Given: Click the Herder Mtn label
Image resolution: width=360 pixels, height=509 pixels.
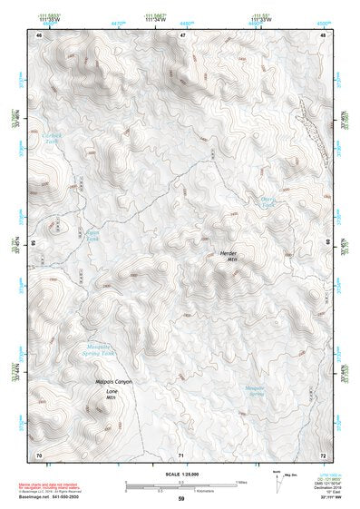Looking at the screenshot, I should [x=228, y=255].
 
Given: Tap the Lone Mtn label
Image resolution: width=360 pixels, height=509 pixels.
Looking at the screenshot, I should [x=112, y=394].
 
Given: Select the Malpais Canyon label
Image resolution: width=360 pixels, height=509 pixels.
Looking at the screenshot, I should [x=114, y=382].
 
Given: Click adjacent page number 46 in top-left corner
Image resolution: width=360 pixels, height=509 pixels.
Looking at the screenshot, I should [x=38, y=35].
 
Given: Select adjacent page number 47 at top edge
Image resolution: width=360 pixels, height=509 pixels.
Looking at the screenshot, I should [x=182, y=35].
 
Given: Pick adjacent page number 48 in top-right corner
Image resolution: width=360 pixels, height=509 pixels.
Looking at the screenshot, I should [x=323, y=35].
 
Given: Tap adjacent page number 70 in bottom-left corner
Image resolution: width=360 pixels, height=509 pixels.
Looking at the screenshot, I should [x=38, y=453].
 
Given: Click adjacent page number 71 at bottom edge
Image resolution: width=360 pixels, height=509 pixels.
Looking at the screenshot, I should [x=181, y=453].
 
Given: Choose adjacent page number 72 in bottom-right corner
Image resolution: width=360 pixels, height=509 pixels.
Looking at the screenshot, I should [x=323, y=453].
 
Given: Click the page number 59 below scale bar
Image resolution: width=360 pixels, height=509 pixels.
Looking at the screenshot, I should [x=181, y=499].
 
